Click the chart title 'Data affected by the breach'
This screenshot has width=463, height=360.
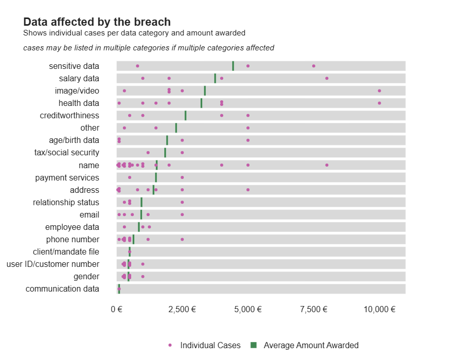pos(97,22)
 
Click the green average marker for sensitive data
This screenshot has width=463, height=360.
pos(233,66)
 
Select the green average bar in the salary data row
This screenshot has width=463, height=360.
pos(215,78)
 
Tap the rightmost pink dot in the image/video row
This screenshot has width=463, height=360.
pos(379,91)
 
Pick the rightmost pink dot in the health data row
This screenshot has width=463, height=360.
pos(379,103)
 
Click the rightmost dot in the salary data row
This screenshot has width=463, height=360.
pos(327,78)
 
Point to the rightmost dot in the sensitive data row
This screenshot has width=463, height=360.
pos(314,66)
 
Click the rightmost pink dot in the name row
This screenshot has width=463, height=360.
pos(327,165)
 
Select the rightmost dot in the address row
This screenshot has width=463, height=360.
pos(248,190)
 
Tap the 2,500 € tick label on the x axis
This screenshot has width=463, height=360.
pos(182,309)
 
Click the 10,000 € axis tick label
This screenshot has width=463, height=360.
pos(379,309)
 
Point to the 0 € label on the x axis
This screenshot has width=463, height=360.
pos(117,309)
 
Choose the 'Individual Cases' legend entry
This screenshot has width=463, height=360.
pos(210,345)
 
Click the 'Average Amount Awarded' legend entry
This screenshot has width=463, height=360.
pos(311,345)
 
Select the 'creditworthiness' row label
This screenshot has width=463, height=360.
pos(69,115)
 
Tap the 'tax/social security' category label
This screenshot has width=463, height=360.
pos(67,153)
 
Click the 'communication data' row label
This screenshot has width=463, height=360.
pos(62,289)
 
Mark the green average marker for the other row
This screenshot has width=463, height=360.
pos(176,128)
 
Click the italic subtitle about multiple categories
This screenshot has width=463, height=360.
pos(149,48)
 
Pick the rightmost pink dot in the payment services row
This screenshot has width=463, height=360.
pos(182,177)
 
